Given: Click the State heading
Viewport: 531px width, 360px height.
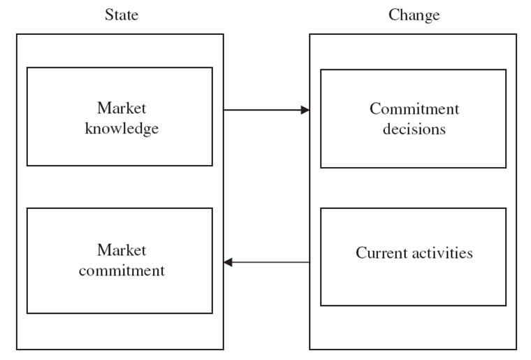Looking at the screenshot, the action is (x=122, y=15).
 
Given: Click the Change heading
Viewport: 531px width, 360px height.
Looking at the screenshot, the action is (x=414, y=15).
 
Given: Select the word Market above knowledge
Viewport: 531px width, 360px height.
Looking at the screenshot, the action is (x=122, y=108).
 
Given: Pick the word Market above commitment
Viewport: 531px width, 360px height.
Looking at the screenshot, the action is (x=122, y=250).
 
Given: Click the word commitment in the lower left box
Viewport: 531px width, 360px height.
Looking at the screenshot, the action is (x=122, y=271).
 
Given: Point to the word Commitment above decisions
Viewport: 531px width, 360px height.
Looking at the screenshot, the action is (x=414, y=109).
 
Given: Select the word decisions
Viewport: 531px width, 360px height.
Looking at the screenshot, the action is (x=414, y=129).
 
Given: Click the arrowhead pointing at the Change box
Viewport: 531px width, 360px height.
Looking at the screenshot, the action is (x=305, y=110).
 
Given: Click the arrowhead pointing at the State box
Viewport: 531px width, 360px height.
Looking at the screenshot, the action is (x=228, y=262).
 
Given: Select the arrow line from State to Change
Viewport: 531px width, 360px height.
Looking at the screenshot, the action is (x=266, y=110).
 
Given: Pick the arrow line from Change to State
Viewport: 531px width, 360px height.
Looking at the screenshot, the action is (x=266, y=262).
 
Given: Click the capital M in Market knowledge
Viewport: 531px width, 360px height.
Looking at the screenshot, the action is (x=103, y=108).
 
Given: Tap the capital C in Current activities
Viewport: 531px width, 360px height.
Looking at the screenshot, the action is (x=361, y=253).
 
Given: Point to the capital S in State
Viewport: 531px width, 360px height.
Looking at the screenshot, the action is (x=109, y=15).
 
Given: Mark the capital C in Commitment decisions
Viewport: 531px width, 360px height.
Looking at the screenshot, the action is (x=375, y=109).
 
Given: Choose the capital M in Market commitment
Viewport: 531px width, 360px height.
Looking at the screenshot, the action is (x=103, y=250).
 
